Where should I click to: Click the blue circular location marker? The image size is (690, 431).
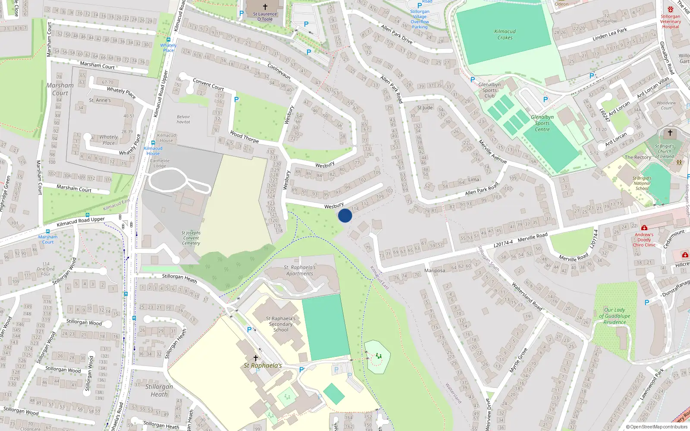coord(345,215)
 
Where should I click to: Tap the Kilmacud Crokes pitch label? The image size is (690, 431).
coord(505,34)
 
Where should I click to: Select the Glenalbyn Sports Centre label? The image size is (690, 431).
coord(542,123)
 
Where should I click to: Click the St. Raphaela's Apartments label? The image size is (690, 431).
coord(300,270)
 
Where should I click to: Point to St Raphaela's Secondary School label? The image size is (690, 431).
coord(281,324)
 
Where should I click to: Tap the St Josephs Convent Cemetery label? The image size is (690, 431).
coord(191,238)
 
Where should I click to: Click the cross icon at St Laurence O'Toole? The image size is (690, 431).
coord(265,7)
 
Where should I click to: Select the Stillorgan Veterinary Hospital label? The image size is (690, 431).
coord(671,21)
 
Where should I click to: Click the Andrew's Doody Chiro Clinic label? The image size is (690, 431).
coord(644,240)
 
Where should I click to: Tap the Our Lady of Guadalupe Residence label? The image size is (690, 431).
coord(615,316)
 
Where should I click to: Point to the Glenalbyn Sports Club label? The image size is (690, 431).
coord(489,90)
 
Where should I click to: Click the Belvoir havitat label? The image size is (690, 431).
coord(183,119)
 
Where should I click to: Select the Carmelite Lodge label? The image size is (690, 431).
coord(160,163)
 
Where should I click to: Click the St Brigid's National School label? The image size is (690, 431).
coord(642,183)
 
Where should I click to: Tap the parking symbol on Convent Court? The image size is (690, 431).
coord(236,100)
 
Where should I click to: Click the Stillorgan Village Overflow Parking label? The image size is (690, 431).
coord(420,19)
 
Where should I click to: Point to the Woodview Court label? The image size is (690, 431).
coord(666,105)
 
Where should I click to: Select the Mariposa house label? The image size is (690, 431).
coord(435,271)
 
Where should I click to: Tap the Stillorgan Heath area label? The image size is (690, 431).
coord(159,390)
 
